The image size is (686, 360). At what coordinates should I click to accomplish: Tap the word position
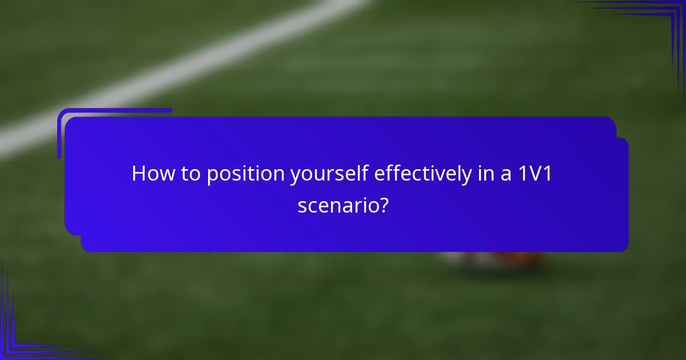[245, 174]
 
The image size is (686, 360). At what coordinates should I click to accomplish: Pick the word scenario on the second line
[336, 205]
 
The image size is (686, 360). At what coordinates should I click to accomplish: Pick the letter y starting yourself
[294, 176]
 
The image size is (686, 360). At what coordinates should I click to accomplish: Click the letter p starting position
[212, 176]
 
